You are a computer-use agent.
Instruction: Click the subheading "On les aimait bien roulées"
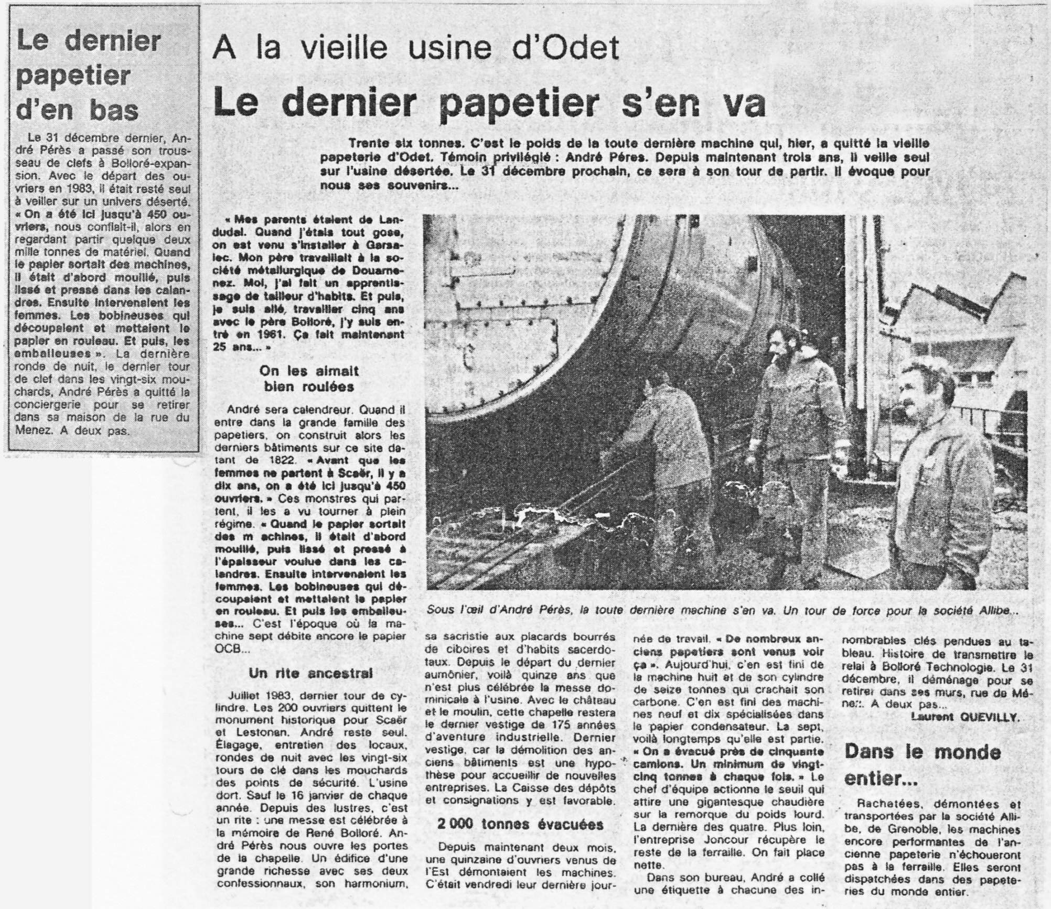[309, 378]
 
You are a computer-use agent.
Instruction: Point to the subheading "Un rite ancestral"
[311, 674]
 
